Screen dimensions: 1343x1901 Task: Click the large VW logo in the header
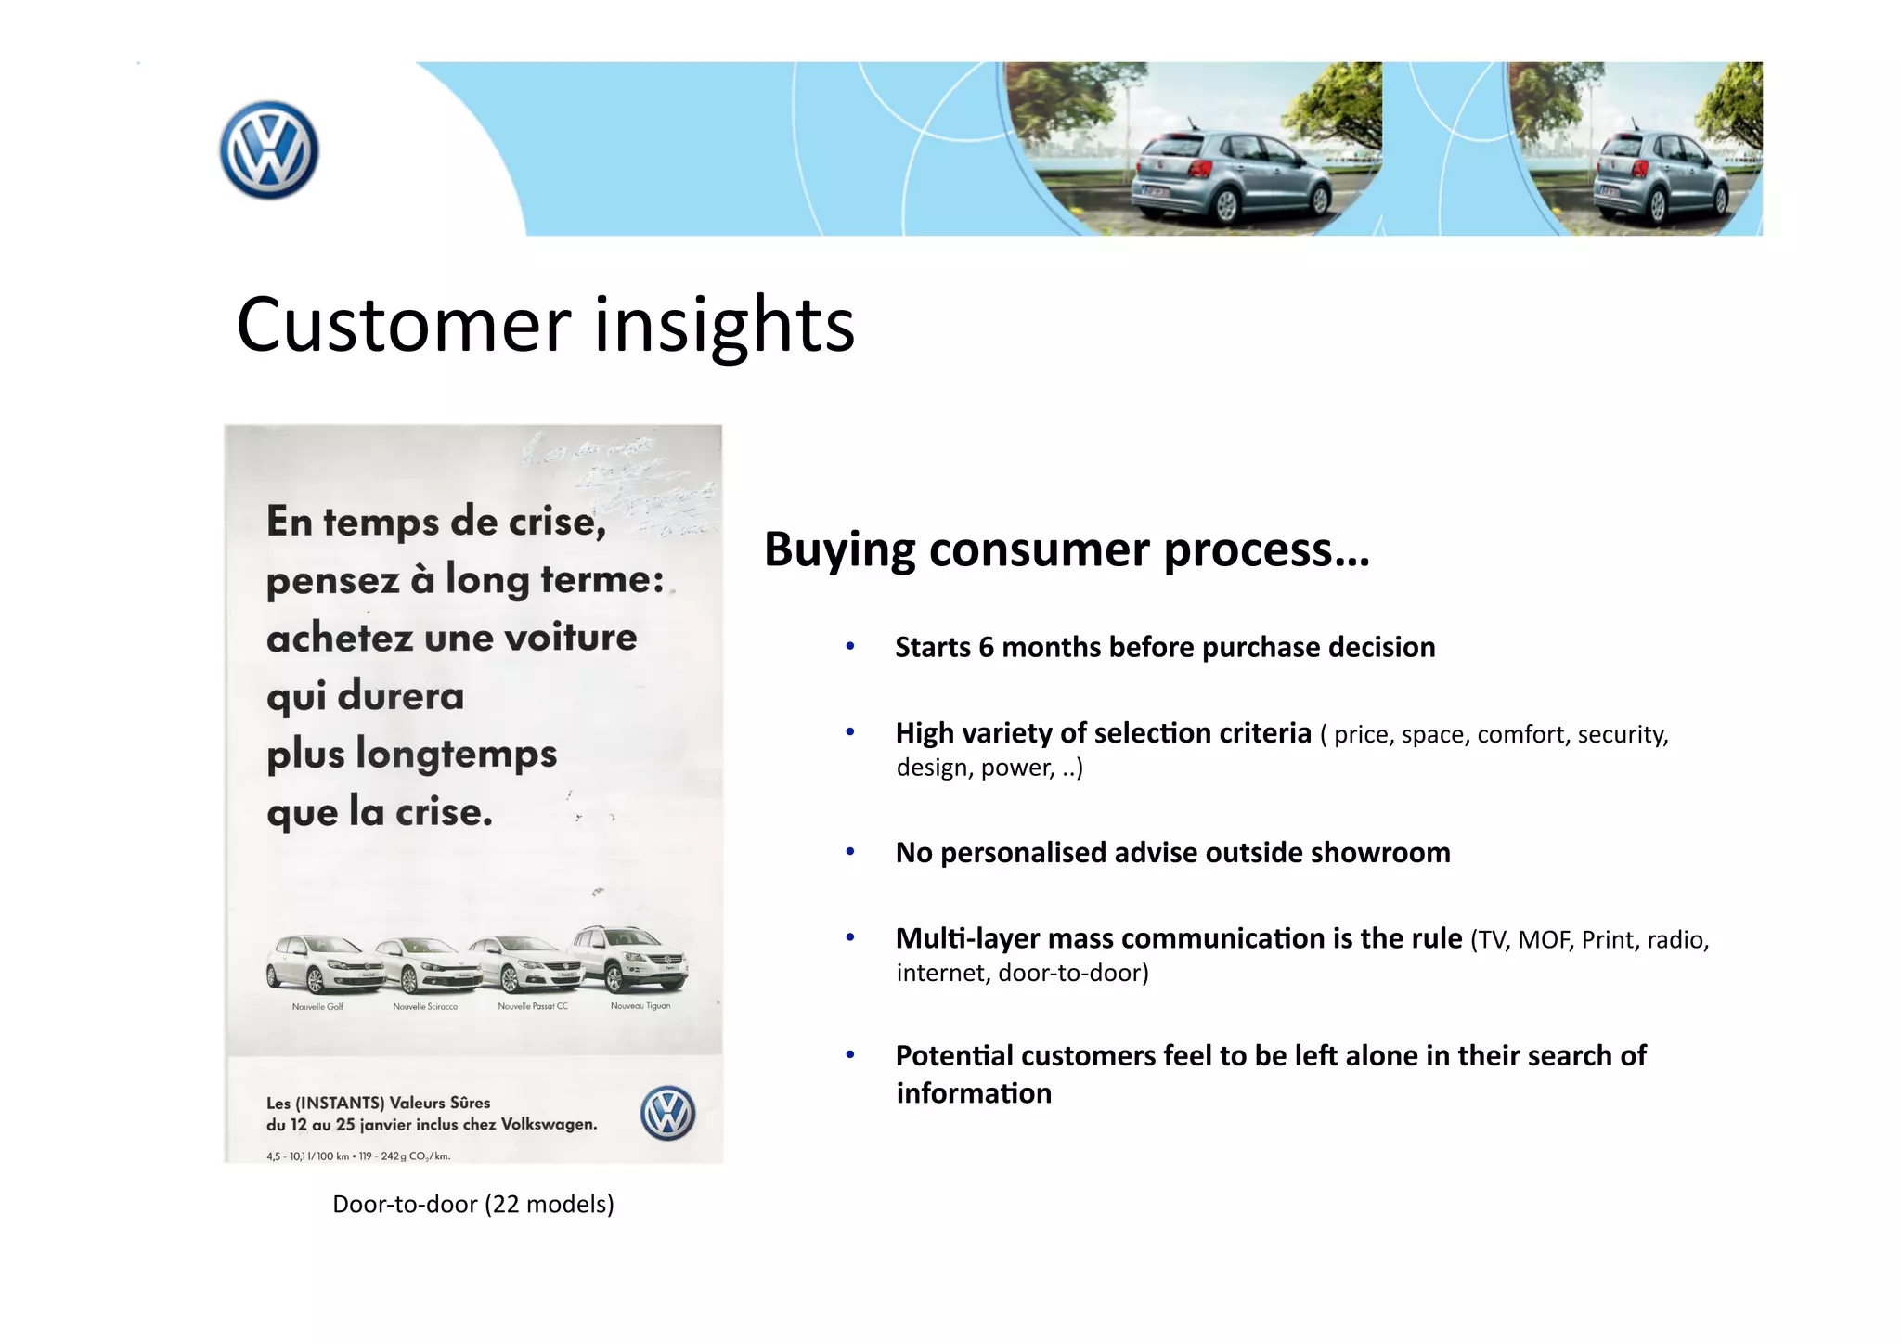pyautogui.click(x=269, y=150)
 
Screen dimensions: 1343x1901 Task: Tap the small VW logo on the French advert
pyautogui.click(x=667, y=1113)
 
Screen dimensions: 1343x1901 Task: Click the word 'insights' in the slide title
pyautogui.click(x=724, y=325)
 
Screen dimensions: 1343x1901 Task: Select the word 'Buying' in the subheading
pyautogui.click(x=840, y=549)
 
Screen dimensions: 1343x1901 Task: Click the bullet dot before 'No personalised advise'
pyautogui.click(x=849, y=851)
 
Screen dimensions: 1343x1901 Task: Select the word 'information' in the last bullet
pyautogui.click(x=974, y=1093)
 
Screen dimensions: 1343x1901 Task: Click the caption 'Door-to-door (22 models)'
pyautogui.click(x=473, y=1204)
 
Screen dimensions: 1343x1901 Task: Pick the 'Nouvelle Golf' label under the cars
pyautogui.click(x=317, y=1007)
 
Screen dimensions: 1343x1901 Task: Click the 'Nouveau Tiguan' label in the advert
pyautogui.click(x=640, y=1006)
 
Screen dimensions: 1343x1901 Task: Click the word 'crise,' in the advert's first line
pyautogui.click(x=556, y=522)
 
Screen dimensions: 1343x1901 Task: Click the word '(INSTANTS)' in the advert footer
pyautogui.click(x=339, y=1103)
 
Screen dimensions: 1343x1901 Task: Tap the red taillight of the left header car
pyautogui.click(x=1200, y=168)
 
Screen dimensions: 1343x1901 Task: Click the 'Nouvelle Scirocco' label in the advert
pyautogui.click(x=425, y=1007)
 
